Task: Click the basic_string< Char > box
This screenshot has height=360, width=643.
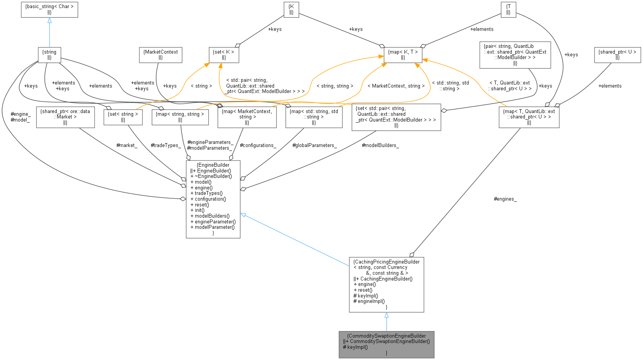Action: pos(49,9)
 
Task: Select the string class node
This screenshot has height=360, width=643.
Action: pos(49,55)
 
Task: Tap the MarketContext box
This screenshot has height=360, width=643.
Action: pos(161,55)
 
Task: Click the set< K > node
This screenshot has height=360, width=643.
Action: pos(224,55)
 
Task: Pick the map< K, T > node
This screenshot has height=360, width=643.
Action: pos(403,55)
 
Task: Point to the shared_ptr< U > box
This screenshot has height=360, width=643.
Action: pos(617,55)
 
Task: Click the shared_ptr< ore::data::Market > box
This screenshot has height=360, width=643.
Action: pos(65,117)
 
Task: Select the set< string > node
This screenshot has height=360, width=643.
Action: pos(123,117)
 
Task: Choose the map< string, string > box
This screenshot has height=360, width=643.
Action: pos(180,117)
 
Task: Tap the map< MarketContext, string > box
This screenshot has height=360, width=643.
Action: pos(247,117)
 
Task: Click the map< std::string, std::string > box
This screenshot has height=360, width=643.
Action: pos(314,117)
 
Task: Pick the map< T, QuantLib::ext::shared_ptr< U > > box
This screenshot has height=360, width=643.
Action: pos(529,117)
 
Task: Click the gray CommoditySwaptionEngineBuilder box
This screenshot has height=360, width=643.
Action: pos(386,345)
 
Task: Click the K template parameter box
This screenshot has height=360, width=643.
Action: pos(291,9)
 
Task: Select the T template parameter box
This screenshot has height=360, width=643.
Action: pos(508,9)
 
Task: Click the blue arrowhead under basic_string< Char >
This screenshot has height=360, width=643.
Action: pos(49,20)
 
